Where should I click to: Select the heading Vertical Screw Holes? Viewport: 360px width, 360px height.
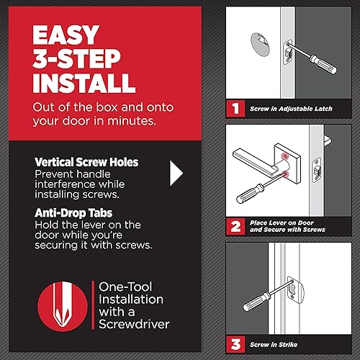click(x=89, y=163)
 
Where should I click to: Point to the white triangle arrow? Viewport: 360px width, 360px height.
click(x=176, y=173)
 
